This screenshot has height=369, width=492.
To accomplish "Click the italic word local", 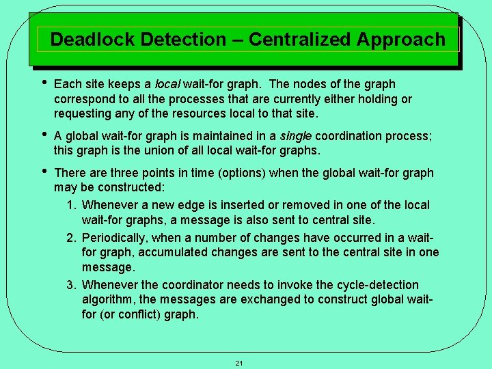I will [x=167, y=85].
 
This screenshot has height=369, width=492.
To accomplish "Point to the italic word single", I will [x=297, y=136].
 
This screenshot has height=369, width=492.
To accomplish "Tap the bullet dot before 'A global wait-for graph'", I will [x=43, y=135].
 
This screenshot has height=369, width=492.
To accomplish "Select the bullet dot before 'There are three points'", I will [x=43, y=172].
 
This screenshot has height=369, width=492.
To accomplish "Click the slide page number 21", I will [x=239, y=363].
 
